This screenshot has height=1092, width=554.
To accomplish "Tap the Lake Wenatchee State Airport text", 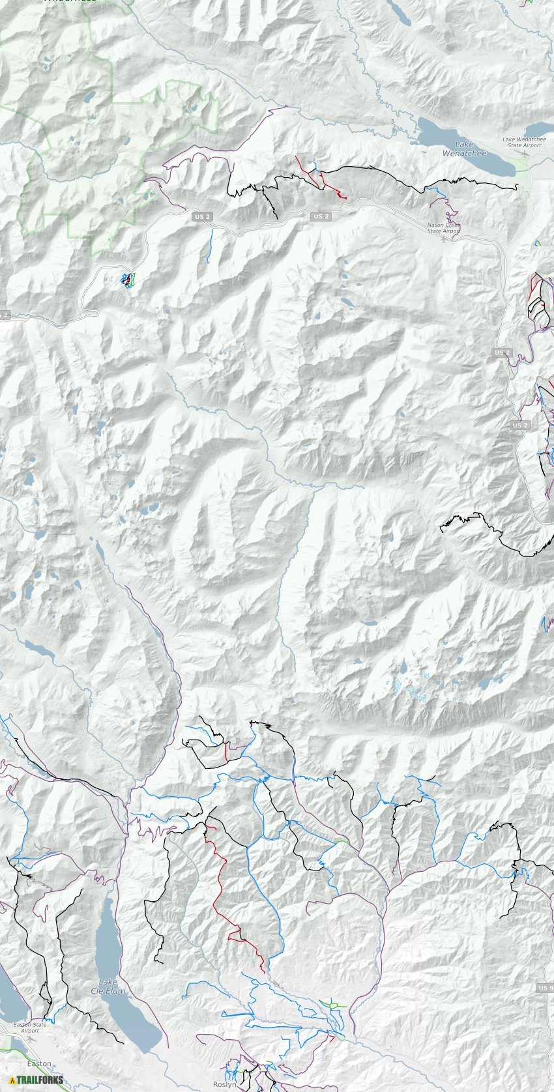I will pyautogui.click(x=524, y=142).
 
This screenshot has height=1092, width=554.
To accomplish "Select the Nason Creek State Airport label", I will pyautogui.click(x=444, y=228).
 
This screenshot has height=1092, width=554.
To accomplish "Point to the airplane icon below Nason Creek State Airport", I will pyautogui.click(x=445, y=238).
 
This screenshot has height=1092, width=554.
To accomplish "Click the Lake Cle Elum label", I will pyautogui.click(x=108, y=986).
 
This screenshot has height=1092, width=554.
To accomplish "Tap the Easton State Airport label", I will pyautogui.click(x=30, y=1027).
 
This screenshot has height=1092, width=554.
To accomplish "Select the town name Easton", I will pyautogui.click(x=39, y=1063).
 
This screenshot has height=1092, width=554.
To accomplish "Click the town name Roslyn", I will pyautogui.click(x=224, y=1085).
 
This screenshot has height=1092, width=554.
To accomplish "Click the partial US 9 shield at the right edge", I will pyautogui.click(x=546, y=988).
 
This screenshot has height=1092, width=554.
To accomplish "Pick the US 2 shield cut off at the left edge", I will pyautogui.click(x=4, y=315).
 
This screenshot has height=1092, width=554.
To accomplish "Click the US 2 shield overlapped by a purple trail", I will pyautogui.click(x=502, y=352).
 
